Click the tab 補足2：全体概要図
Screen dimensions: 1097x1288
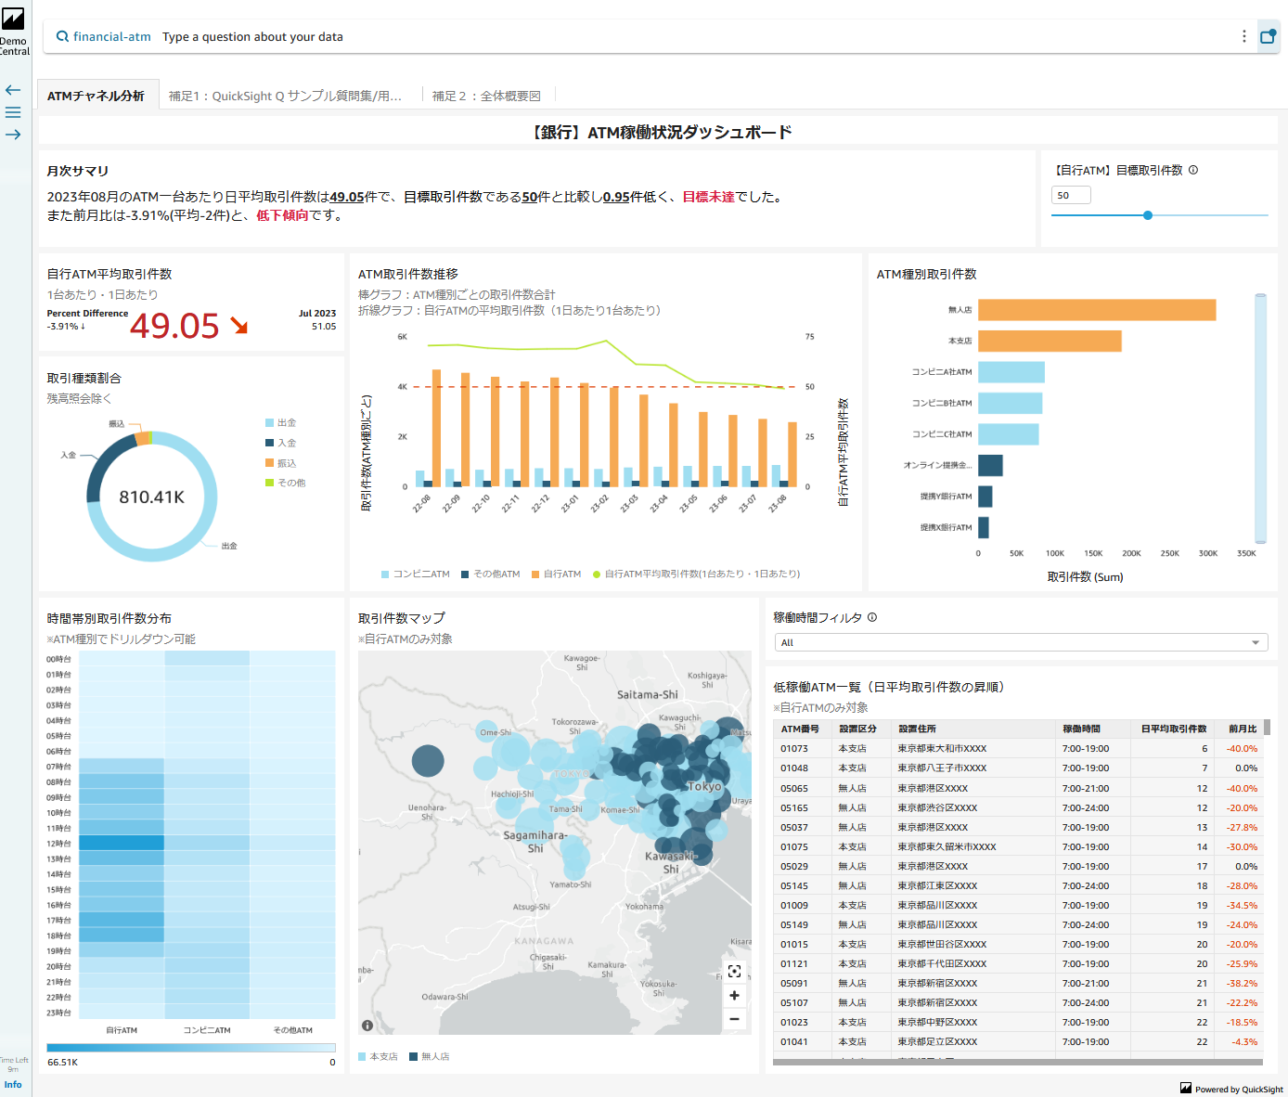point(486,96)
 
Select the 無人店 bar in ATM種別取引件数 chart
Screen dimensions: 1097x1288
point(1096,310)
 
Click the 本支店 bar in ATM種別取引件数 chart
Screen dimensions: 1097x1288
point(1050,341)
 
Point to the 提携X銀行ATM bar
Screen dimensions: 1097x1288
point(984,527)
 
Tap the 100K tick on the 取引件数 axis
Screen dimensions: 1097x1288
point(1055,553)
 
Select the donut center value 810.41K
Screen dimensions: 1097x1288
point(151,497)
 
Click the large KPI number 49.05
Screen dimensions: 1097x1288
point(174,326)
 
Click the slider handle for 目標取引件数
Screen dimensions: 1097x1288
point(1148,215)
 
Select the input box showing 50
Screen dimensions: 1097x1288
point(1070,195)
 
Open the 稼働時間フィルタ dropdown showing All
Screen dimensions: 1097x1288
point(1021,642)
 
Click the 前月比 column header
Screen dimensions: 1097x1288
point(1243,729)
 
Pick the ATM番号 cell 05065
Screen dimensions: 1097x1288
point(794,788)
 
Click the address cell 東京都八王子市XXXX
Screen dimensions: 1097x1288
point(942,768)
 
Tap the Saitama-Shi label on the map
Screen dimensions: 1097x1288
point(647,694)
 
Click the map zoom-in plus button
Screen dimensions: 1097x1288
point(734,995)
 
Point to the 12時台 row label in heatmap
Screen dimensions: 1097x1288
point(58,844)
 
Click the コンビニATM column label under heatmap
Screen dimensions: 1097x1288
point(207,1030)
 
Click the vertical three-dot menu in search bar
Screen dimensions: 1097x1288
point(1244,36)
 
